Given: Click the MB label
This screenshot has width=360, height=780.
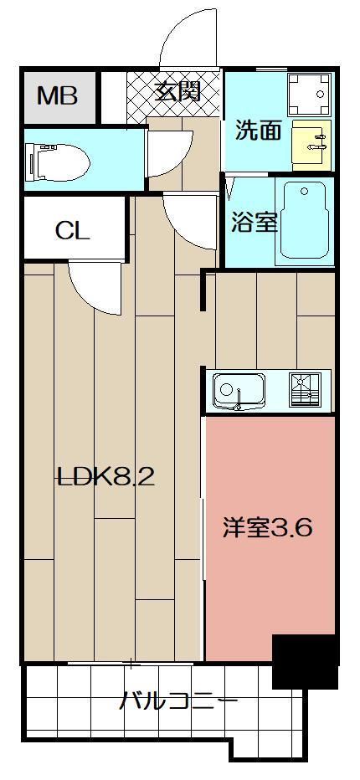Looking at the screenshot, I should (x=57, y=95).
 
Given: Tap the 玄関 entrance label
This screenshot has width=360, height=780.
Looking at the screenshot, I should (x=177, y=91).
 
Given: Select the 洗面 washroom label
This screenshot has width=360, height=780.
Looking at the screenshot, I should (x=257, y=131).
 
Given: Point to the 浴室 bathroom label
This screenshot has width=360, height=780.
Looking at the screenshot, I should (x=255, y=223).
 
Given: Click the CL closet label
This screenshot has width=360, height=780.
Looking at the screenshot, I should (x=72, y=230).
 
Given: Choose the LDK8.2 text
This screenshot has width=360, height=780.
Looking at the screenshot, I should (x=105, y=477).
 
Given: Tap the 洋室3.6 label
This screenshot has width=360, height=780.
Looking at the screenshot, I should (x=268, y=528).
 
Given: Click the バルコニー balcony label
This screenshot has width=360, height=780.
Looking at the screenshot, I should (x=177, y=701).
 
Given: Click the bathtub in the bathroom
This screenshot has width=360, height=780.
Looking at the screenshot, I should (x=304, y=219).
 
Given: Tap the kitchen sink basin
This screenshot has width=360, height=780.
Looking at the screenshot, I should (x=239, y=391).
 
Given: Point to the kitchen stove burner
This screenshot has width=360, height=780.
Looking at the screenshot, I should (x=306, y=390).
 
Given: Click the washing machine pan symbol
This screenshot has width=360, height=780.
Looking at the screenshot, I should (x=308, y=95).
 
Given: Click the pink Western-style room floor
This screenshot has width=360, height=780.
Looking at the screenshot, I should (x=268, y=586).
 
